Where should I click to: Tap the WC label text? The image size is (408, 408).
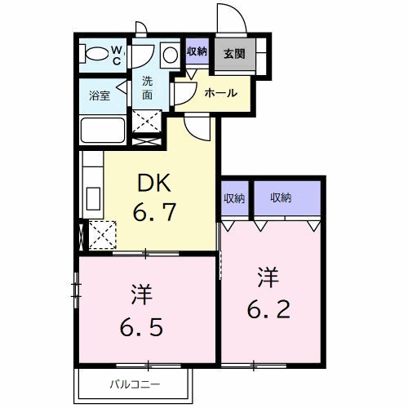tap(118, 55)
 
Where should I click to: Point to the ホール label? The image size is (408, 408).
tap(221, 92)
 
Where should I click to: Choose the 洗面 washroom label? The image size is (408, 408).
tap(148, 88)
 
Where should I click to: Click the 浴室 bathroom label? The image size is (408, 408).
tap(100, 95)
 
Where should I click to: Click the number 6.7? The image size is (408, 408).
tap(154, 214)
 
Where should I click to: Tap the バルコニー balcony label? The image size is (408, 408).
tap(135, 384)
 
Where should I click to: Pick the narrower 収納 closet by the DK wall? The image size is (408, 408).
tap(234, 197)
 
